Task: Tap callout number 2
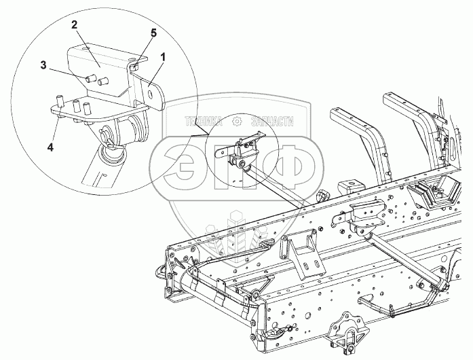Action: pos(75,24)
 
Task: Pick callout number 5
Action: pos(153,32)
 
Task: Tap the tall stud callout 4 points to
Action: pos(59,103)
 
